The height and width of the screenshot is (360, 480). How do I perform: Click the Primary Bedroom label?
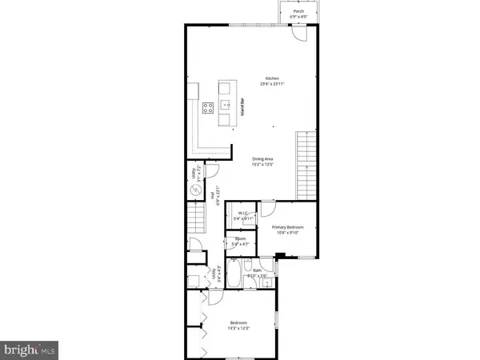(284, 229)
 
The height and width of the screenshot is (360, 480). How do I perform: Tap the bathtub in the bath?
(232, 274)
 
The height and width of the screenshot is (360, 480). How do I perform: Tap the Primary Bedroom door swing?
(270, 210)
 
